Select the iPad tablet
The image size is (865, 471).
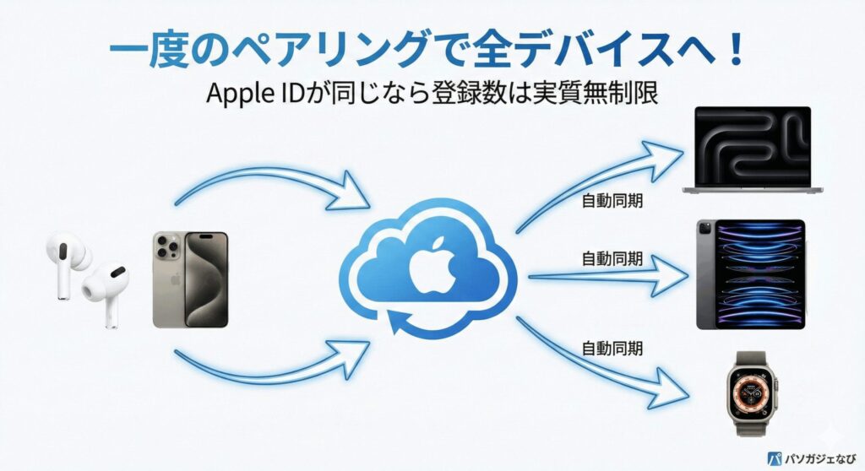(750, 273)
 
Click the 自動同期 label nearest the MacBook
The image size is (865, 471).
(612, 203)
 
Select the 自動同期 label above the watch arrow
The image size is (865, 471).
(612, 348)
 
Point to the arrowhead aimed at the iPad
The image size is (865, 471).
(672, 274)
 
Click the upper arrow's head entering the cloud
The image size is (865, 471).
(355, 197)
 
